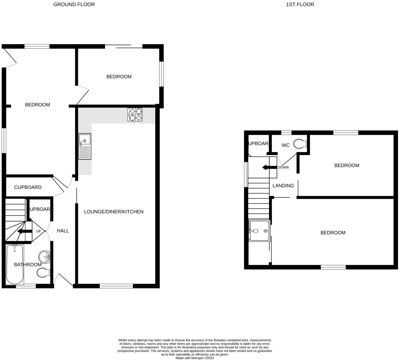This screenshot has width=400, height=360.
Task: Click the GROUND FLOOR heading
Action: click(x=74, y=4)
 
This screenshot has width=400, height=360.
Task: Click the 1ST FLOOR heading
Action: click(x=300, y=4)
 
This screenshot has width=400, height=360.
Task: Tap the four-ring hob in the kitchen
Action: click(x=135, y=114)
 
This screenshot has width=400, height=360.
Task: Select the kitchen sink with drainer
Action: click(x=85, y=147)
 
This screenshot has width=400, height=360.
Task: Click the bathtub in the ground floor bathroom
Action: click(x=15, y=264)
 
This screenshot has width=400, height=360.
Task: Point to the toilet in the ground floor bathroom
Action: click(x=43, y=273)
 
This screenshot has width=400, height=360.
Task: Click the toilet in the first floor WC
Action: click(x=300, y=144)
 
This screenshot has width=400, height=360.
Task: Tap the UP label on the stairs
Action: click(x=39, y=231)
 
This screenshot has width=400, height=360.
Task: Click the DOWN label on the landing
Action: click(x=283, y=167)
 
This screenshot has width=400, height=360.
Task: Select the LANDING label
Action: click(x=283, y=186)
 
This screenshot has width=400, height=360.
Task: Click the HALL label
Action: click(x=63, y=231)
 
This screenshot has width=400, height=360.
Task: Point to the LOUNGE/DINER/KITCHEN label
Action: click(x=114, y=212)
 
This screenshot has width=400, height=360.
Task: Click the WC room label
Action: click(x=285, y=145)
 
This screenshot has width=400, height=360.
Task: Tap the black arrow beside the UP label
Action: click(x=25, y=232)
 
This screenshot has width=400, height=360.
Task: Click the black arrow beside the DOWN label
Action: click(x=269, y=167)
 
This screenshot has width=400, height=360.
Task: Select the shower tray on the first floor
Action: click(x=259, y=231)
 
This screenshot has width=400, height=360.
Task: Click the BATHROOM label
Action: click(x=28, y=265)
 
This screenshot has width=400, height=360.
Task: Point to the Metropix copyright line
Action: click(x=195, y=358)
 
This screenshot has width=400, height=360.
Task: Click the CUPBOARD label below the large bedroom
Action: click(x=28, y=187)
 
